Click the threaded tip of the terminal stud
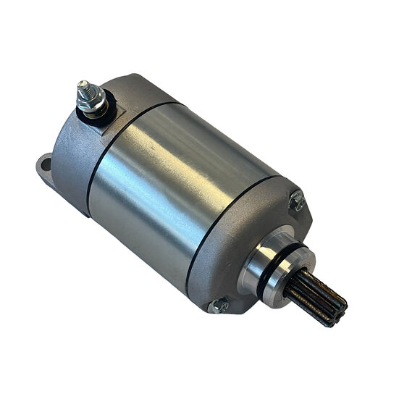83,88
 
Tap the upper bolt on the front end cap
295,201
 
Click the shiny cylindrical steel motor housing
181,188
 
